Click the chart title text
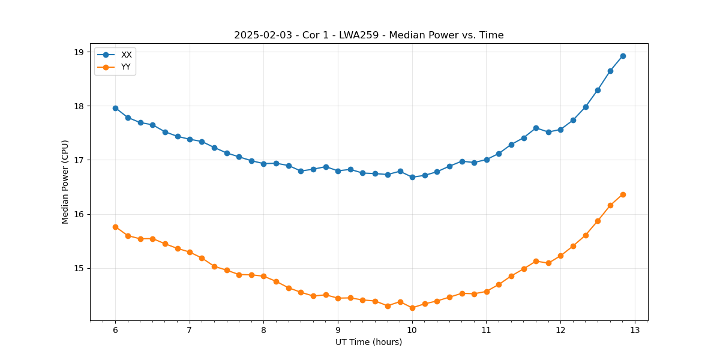(x=368, y=35)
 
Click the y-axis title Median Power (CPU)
(x=65, y=182)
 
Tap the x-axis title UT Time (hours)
(x=368, y=342)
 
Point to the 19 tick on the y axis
(x=79, y=52)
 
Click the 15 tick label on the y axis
(x=79, y=268)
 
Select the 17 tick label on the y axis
(x=79, y=160)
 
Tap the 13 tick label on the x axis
(x=635, y=330)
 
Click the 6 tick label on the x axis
(x=115, y=330)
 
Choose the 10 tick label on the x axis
(x=412, y=330)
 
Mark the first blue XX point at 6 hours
(x=115, y=108)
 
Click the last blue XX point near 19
(x=623, y=56)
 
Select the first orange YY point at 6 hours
(x=115, y=227)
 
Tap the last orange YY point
(x=623, y=194)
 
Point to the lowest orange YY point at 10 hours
(x=412, y=308)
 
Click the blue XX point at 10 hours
(x=412, y=177)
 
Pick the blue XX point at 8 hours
(x=263, y=164)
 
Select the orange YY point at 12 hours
(x=560, y=256)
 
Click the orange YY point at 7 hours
(x=190, y=252)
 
